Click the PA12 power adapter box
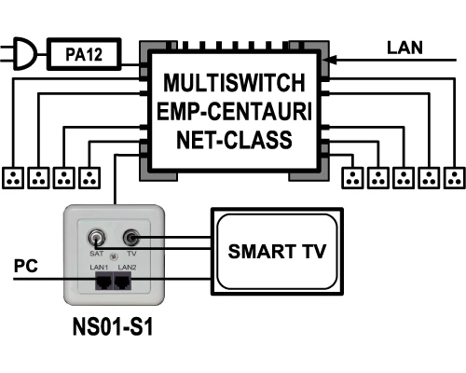[84, 54]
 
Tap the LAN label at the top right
[404, 48]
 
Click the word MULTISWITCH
[234, 83]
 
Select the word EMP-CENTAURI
[234, 111]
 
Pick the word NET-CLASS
[234, 140]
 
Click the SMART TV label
[277, 251]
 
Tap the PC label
[26, 266]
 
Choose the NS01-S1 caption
[113, 326]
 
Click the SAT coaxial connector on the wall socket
[96, 239]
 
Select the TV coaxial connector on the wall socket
[131, 238]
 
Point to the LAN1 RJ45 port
[104, 281]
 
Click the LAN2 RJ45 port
[122, 281]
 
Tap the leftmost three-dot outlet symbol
[13, 178]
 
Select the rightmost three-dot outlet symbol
[455, 178]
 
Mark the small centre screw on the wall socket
[114, 256]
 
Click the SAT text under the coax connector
[96, 254]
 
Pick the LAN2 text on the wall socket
[128, 267]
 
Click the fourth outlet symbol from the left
[89, 178]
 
